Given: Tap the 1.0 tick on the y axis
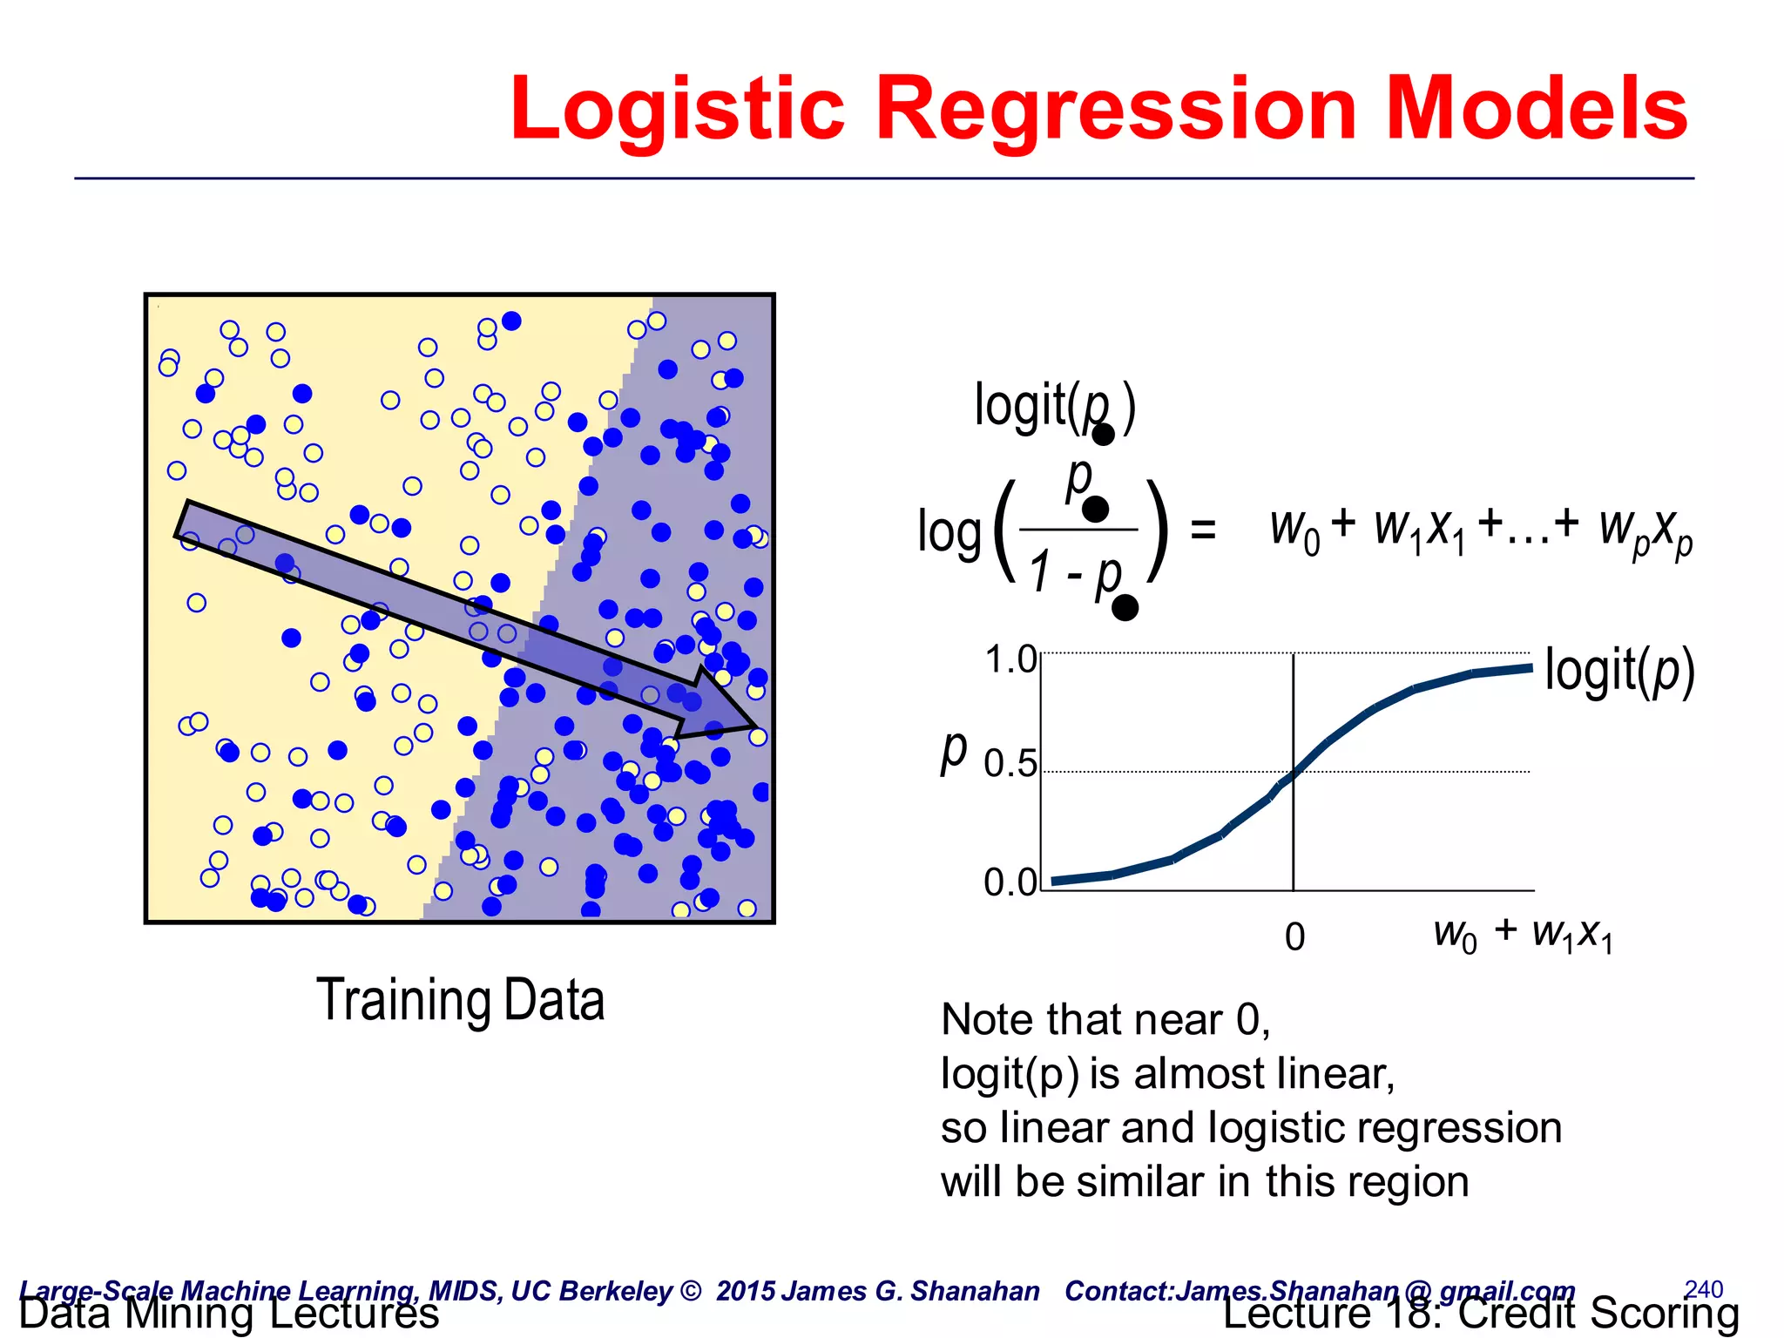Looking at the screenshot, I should coord(1010,660).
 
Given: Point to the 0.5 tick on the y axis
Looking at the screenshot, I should coord(1010,764).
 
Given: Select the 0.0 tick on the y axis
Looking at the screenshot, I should coord(1010,882).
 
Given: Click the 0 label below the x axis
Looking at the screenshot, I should coord(1294,937).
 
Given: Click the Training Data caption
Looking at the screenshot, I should coord(460,1000).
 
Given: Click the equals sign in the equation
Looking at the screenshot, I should coord(1202,529).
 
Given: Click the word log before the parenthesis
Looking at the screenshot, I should coord(949,533).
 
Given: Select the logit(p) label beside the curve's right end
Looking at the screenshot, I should coord(1619,671).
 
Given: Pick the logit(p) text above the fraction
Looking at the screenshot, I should coord(1054,406).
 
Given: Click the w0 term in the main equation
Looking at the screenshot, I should coord(1294,530).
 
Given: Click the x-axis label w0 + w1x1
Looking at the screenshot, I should coord(1523,935).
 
